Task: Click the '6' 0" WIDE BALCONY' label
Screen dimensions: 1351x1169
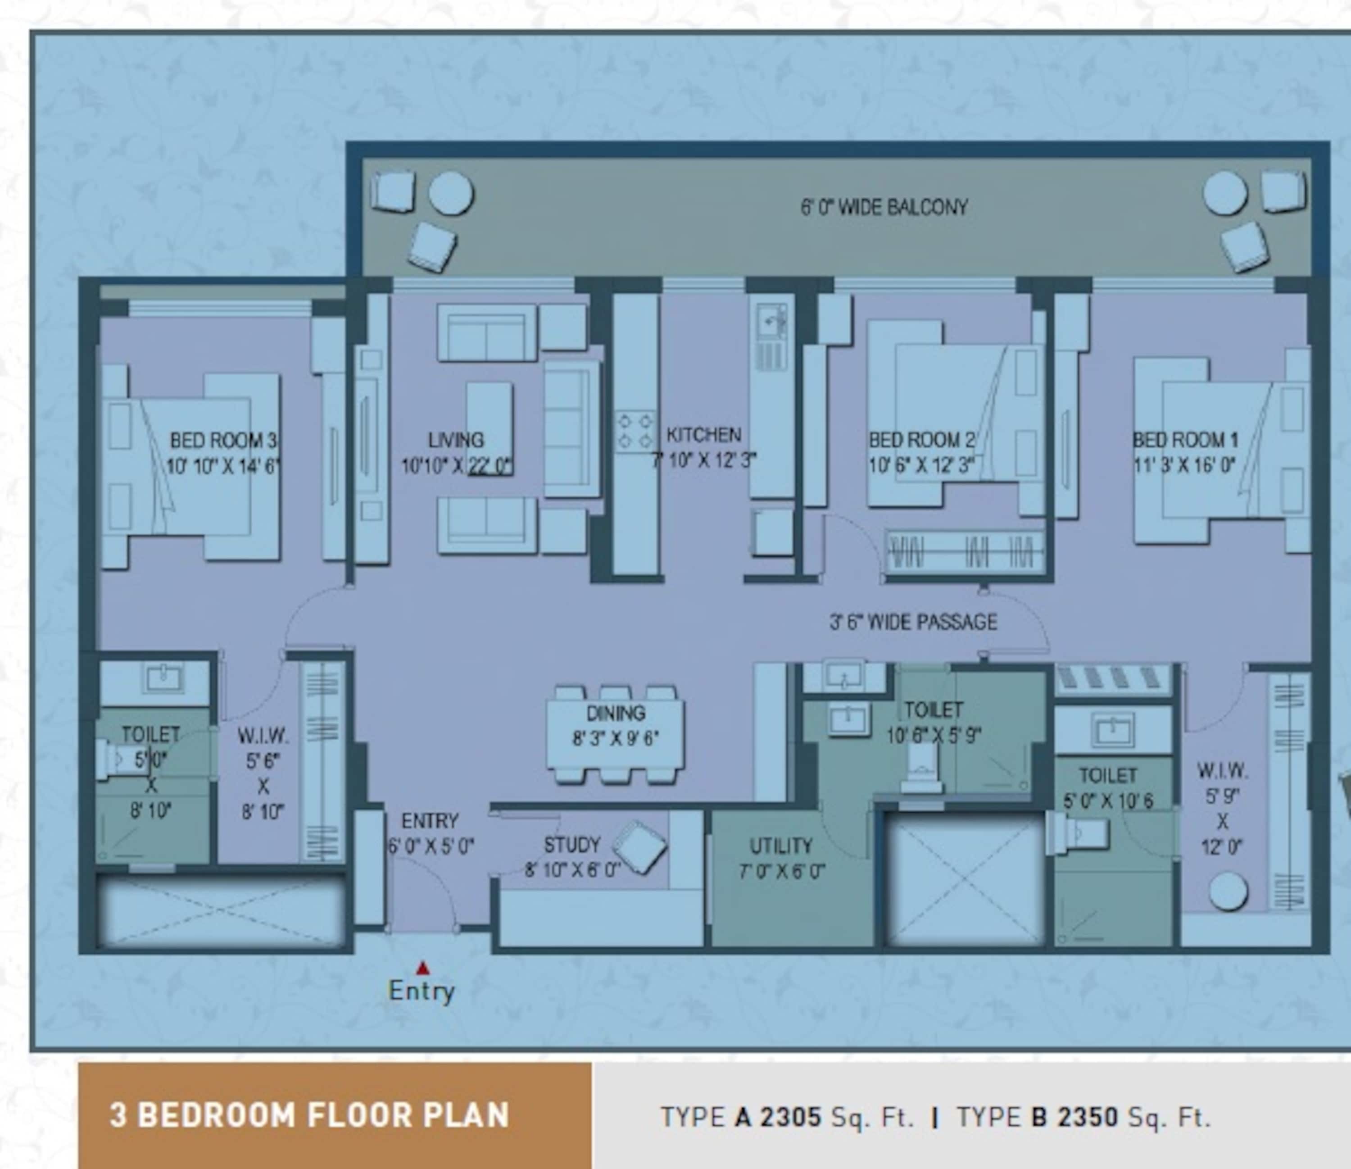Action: click(x=884, y=207)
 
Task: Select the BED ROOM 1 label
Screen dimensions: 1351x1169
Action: click(x=1185, y=440)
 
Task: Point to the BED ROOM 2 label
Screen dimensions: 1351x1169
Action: click(x=921, y=440)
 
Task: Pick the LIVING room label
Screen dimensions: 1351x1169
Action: click(x=456, y=440)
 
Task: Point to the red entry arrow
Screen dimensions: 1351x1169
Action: click(x=424, y=968)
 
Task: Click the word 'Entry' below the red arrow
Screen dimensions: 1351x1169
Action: click(x=421, y=991)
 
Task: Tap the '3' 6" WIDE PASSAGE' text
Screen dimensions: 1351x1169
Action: click(x=913, y=622)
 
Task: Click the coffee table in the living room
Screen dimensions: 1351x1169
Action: click(x=489, y=428)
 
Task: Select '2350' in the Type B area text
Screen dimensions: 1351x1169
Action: click(x=1087, y=1117)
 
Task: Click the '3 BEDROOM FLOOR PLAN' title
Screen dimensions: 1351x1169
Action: click(x=309, y=1115)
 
